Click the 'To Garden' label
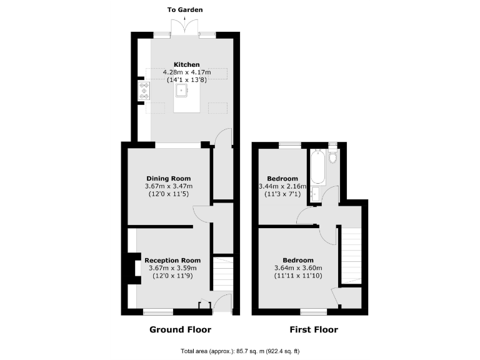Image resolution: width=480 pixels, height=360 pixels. point(185,10)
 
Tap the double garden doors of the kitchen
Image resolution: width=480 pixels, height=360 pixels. point(185,28)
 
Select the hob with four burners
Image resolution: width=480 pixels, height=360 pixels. point(144,91)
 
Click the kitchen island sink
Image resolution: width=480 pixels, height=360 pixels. point(183,91)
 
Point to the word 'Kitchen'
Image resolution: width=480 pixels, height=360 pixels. point(186,64)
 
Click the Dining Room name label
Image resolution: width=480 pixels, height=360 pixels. point(168,178)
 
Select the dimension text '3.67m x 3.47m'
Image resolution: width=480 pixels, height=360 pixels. point(168,186)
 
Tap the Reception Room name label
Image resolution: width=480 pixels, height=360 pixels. point(172,260)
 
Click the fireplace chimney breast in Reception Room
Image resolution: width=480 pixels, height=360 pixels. point(132,268)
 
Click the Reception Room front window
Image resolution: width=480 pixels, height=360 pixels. point(158,311)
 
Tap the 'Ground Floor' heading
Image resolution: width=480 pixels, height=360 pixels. point(180,329)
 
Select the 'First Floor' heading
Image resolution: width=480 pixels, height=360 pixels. point(313,329)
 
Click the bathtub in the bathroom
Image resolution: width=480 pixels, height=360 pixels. point(316,165)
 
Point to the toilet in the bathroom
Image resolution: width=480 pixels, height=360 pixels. point(332,156)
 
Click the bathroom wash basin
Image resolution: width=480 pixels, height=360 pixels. point(316,194)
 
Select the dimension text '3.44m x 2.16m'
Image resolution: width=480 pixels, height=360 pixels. point(282,186)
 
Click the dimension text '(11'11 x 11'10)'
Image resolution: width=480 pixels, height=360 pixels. point(298,276)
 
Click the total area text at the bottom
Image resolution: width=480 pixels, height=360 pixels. point(240,351)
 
